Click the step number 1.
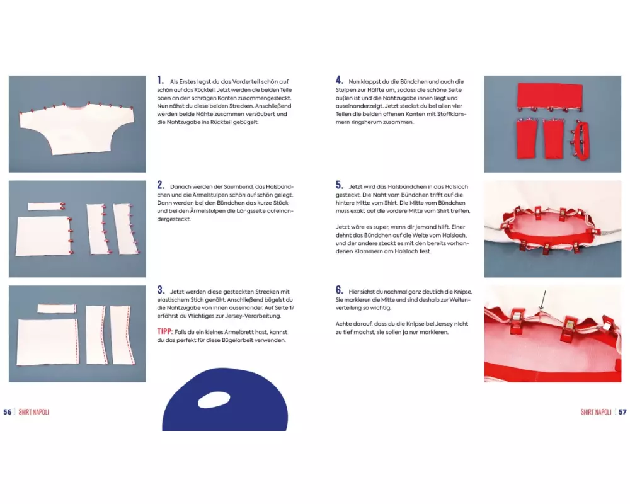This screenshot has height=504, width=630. click(160, 81)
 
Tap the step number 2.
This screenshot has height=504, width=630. click(161, 185)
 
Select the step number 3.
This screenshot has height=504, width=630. click(161, 290)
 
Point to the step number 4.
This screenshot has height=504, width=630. click(340, 81)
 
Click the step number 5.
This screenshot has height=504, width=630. click(340, 185)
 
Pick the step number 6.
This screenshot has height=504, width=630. click(340, 290)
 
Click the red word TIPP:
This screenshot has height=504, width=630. click(165, 332)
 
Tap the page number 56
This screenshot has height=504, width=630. click(7, 412)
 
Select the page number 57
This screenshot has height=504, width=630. click(622, 412)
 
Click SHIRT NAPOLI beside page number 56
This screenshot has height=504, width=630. click(34, 412)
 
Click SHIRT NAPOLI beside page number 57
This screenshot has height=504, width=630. click(596, 412)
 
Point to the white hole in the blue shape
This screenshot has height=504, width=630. click(214, 400)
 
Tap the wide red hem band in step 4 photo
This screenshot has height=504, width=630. click(550, 96)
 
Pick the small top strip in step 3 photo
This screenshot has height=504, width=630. click(57, 308)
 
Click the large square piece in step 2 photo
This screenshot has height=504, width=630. click(43, 236)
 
